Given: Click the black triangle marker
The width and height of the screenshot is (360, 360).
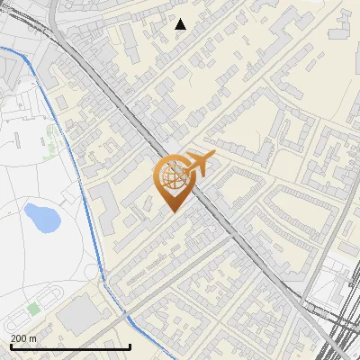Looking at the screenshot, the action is [x=180, y=24].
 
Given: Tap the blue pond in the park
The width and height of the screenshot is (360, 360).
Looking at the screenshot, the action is [x=39, y=216].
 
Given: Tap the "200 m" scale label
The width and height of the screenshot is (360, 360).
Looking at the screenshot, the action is [x=23, y=338].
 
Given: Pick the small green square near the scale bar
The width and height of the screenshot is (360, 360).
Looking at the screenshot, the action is [x=34, y=309].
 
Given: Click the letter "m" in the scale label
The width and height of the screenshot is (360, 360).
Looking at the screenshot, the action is [x=33, y=338].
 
